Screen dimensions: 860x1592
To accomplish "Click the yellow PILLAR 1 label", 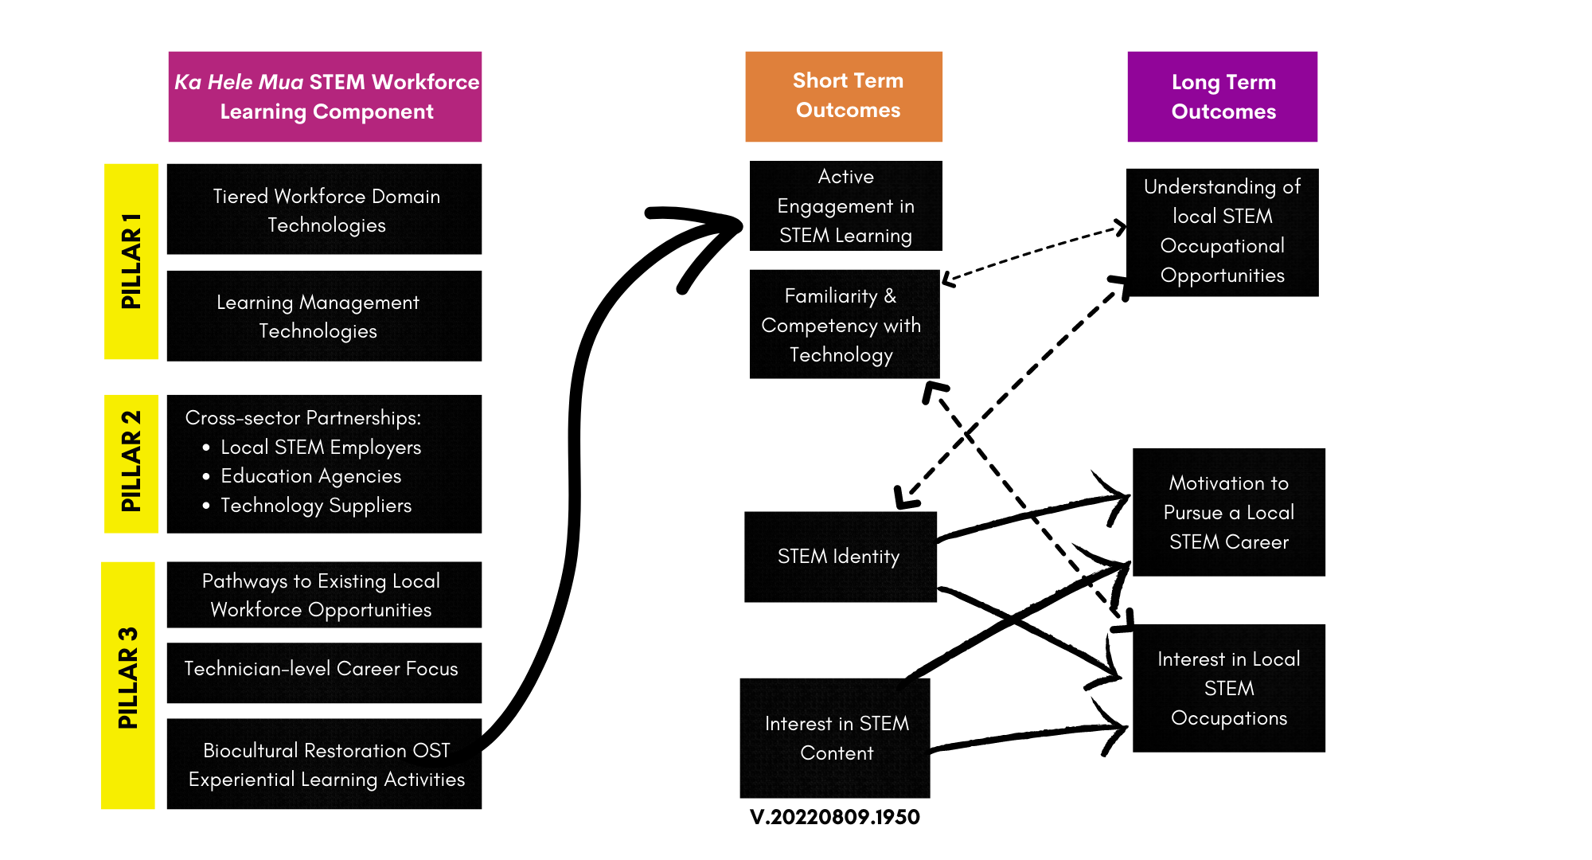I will coord(131,261).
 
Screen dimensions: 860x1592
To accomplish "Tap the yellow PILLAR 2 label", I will coord(131,463).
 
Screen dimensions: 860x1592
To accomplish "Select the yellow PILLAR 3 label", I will coord(128,685).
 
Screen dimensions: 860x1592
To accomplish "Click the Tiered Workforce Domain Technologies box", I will coord(325,209).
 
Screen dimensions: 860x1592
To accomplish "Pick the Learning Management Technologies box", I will coord(325,316).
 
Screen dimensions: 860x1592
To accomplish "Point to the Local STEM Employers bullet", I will coord(320,447).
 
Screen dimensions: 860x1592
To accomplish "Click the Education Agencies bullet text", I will coord(310,476).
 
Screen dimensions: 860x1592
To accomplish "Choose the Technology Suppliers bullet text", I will coord(315,506).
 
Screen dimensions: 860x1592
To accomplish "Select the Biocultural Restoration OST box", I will coord(325,764).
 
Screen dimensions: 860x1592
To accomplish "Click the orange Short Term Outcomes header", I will coord(844,96).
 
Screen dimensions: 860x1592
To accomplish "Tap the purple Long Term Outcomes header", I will coord(1223,96).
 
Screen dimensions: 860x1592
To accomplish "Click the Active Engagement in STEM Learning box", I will coord(845,206).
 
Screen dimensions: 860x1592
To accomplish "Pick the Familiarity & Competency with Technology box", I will coord(844,325).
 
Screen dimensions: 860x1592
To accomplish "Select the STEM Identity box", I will coord(840,557).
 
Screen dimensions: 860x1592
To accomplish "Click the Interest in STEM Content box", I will coord(836,738).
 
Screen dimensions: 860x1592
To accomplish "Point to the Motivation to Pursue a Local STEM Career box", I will coord(1229,512).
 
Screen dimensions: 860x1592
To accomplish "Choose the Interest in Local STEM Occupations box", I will coord(1229,688).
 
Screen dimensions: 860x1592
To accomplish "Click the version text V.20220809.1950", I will coord(834,817).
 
